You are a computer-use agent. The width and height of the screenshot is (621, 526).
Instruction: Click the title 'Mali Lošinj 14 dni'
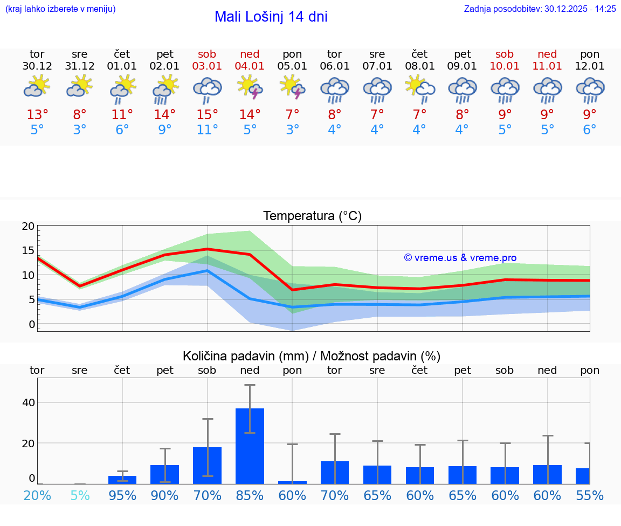pos(271,17)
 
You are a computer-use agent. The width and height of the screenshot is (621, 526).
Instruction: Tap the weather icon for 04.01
pos(250,88)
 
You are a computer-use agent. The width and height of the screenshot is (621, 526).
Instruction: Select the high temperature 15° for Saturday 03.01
pos(208,114)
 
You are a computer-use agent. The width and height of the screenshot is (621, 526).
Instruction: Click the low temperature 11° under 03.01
pos(208,130)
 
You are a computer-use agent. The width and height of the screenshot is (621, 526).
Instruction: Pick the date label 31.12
pos(79,66)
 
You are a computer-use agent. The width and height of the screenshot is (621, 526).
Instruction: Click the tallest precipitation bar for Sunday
pos(250,446)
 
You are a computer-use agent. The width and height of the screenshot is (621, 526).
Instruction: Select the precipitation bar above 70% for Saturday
pos(208,465)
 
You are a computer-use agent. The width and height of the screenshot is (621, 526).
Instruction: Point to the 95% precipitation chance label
pos(122,495)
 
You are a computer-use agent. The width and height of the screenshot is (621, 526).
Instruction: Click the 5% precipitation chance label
pos(80,495)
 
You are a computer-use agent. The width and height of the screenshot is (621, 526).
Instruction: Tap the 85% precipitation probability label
pos(250,495)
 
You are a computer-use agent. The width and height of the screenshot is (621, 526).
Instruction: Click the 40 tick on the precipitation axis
pos(29,402)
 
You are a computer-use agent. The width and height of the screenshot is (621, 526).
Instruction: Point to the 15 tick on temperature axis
pos(29,250)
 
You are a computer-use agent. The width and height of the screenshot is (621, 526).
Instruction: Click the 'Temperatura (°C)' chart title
pos(312,216)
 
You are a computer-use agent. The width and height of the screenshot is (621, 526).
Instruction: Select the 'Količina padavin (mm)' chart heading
pos(312,356)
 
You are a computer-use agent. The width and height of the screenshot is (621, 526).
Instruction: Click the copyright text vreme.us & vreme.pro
pos(460,258)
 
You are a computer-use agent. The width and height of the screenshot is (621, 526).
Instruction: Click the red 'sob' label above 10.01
pos(505,54)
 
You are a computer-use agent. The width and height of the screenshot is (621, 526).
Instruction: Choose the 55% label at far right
pos(590,495)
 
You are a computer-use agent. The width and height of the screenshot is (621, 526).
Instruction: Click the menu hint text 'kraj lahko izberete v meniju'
pos(60,9)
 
